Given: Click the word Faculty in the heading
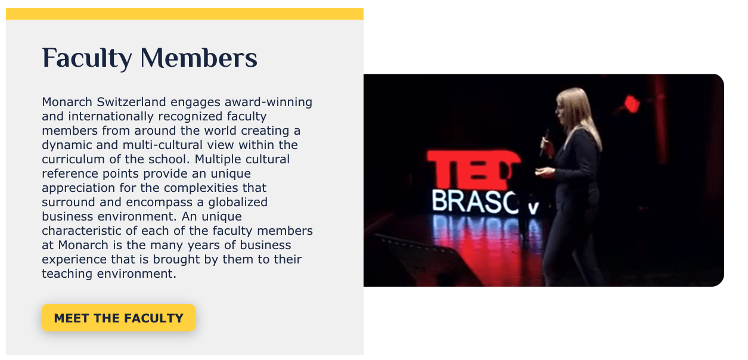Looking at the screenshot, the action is point(87,59).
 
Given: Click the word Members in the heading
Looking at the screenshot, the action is point(199,58).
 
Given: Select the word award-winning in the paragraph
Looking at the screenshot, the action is point(268,102).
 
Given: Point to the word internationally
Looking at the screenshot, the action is point(111,116).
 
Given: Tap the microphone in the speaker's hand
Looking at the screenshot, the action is point(544,142).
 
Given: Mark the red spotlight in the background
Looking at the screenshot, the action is point(631,104).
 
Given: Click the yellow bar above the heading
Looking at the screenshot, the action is point(185,14).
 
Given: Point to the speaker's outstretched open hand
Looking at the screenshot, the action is point(545,172).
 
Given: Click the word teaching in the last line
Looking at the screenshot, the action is point(67,274).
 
